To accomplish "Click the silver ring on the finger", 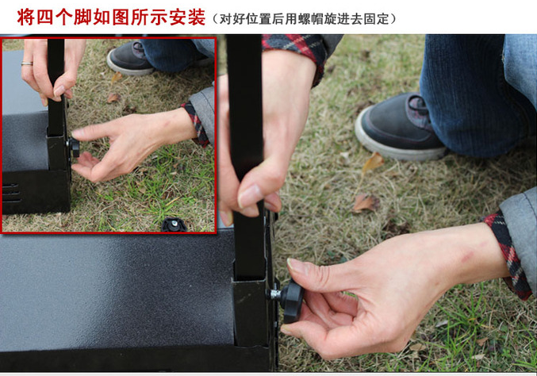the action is click(27, 63).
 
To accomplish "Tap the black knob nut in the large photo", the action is click(292, 301).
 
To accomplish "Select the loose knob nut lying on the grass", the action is click(174, 224).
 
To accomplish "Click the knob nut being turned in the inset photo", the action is click(75, 148).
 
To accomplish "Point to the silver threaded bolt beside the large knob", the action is click(274, 294).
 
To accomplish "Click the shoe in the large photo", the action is click(400, 129).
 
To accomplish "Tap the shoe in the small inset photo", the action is click(131, 59).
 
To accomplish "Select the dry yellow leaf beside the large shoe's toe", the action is click(373, 162).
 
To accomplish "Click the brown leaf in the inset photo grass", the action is click(113, 98).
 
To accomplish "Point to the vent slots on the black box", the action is click(10, 193).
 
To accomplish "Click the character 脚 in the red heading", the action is click(82, 17).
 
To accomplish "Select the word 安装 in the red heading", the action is click(187, 17).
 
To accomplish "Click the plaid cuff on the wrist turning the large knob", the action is click(508, 255).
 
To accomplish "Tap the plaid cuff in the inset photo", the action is click(196, 125).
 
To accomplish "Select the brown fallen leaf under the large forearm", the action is click(366, 203).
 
